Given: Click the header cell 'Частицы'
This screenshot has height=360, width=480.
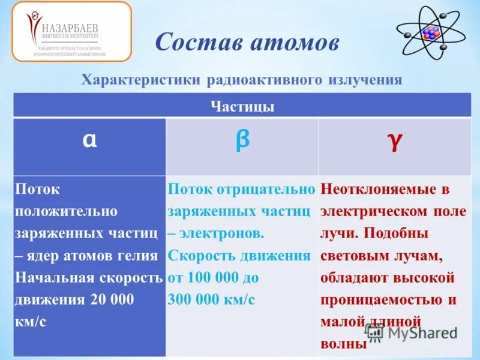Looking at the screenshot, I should pyautogui.click(x=242, y=107).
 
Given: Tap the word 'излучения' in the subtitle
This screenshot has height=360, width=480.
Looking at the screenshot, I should pyautogui.click(x=367, y=80).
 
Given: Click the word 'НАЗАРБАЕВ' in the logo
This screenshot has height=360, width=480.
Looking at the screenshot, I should pyautogui.click(x=71, y=28).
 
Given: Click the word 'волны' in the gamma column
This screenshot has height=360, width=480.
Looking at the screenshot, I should pyautogui.click(x=344, y=344).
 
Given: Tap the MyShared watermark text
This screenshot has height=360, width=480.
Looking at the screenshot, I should pyautogui.click(x=420, y=334).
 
